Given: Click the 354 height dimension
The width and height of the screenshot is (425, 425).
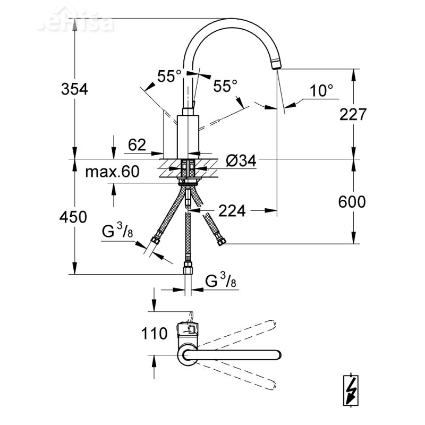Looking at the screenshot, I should [x=74, y=89].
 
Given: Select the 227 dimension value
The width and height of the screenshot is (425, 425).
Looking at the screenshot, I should [x=351, y=114].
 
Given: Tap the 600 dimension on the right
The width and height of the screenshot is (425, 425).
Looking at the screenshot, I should [x=351, y=202].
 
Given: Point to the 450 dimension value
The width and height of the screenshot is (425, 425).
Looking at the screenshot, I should [x=74, y=217].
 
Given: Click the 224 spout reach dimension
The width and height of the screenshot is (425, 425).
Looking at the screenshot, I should [x=232, y=211].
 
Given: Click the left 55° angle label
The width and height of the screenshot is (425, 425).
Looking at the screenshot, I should [x=169, y=76].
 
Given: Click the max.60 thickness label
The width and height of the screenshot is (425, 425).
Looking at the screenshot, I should [x=112, y=172].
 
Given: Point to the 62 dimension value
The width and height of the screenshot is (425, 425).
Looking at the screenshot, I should [x=137, y=144].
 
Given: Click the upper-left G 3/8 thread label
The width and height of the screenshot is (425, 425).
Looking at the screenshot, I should [x=116, y=232].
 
